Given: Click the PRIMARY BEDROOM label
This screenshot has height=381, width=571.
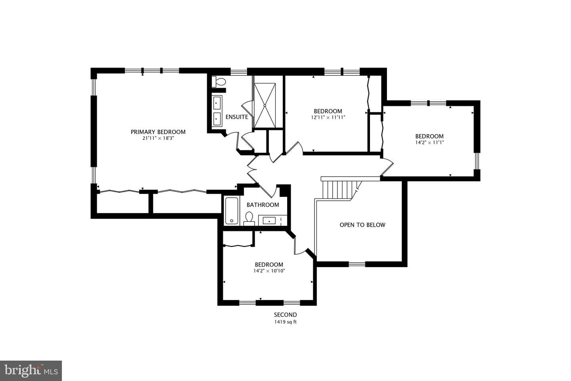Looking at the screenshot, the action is click(x=158, y=132).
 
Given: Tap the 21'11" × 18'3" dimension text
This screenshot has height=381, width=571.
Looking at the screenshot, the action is click(x=158, y=139).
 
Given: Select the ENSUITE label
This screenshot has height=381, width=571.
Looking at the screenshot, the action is click(x=237, y=117).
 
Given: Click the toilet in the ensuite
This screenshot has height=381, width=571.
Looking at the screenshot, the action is click(x=219, y=82).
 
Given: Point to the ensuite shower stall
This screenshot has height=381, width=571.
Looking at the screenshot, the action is click(x=265, y=105).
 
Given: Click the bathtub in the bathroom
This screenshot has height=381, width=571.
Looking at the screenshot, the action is click(x=232, y=211).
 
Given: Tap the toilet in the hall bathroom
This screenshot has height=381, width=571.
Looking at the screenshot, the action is click(x=249, y=219).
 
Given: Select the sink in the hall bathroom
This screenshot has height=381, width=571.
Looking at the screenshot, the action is click(x=269, y=220).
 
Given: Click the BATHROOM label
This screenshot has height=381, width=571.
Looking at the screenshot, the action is click(x=263, y=205).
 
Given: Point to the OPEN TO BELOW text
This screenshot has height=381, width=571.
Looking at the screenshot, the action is click(x=362, y=225).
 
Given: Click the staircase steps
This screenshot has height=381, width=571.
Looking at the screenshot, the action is click(x=339, y=189).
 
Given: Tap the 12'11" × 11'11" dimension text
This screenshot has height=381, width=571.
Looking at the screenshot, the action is click(x=328, y=117).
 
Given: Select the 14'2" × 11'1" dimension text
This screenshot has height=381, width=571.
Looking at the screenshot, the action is click(x=429, y=142).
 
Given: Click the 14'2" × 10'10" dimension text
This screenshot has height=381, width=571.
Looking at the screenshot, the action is click(x=269, y=271).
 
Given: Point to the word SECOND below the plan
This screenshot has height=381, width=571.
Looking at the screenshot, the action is click(x=285, y=315).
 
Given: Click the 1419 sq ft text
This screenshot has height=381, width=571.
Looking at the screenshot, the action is click(x=285, y=322).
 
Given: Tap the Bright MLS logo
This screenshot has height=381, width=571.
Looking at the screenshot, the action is click(x=31, y=371).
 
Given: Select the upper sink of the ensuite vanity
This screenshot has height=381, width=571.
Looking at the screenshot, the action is click(x=217, y=103).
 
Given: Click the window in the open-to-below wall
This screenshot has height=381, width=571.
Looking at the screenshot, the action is click(x=357, y=264).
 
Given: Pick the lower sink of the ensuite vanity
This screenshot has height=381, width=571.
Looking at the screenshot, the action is click(x=217, y=119).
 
